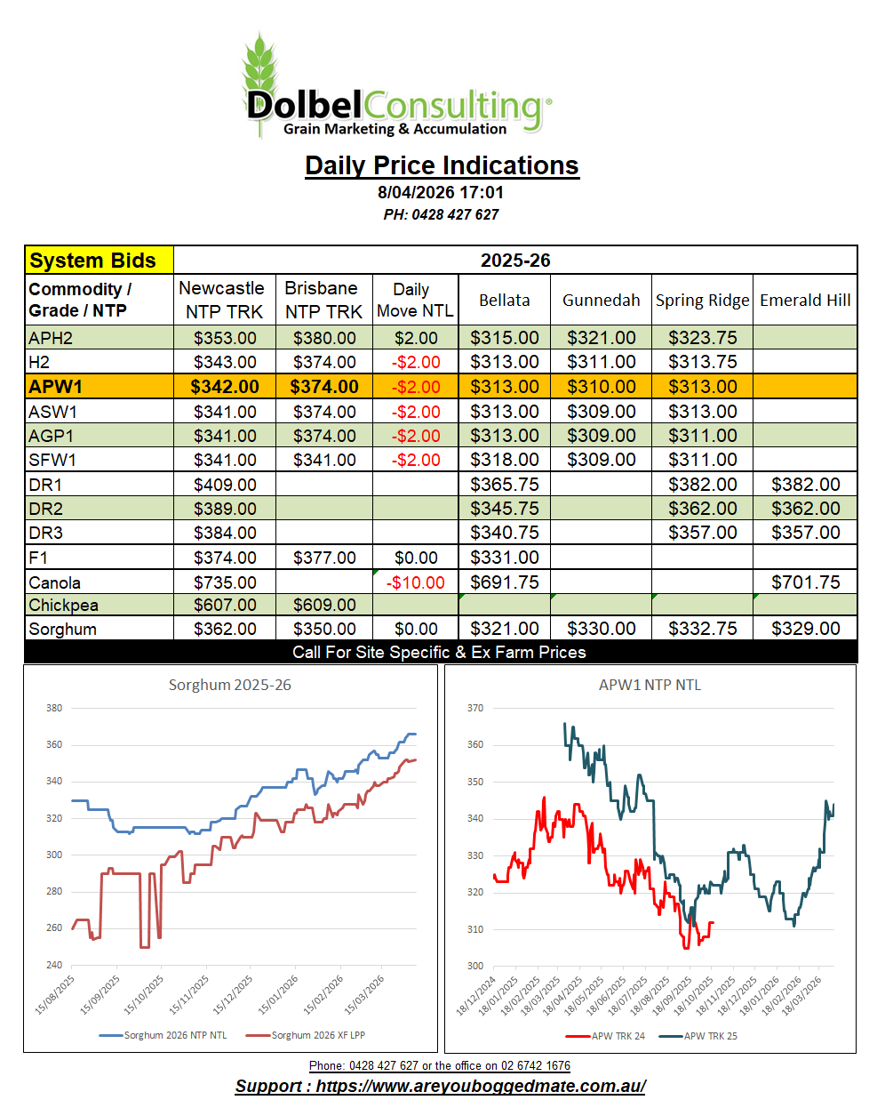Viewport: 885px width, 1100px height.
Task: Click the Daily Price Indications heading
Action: [x=442, y=165]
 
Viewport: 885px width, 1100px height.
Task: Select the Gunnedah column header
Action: [x=601, y=301]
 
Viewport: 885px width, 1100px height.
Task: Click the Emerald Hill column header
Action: [x=805, y=301]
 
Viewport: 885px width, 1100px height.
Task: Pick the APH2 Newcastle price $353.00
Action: [x=225, y=338]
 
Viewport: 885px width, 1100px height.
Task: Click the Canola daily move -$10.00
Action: [x=415, y=582]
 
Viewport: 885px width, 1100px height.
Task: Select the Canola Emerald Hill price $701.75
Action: [x=805, y=582]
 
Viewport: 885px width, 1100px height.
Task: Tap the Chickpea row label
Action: [x=63, y=605]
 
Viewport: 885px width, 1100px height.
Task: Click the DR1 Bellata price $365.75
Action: [x=504, y=485]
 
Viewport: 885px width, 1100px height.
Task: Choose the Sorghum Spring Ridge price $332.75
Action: [x=702, y=629]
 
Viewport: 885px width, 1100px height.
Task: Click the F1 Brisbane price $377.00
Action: [x=324, y=558]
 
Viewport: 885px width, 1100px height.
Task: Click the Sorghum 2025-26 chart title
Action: [x=229, y=685]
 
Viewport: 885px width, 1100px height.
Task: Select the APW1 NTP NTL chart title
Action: [x=650, y=685]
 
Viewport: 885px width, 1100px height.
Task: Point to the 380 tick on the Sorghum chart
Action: [x=54, y=708]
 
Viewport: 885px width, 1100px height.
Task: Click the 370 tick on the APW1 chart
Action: [x=475, y=708]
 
